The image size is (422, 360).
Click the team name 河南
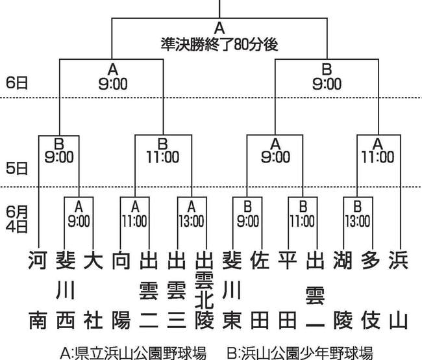38,290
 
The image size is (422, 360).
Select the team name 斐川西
66,290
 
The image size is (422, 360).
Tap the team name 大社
93,290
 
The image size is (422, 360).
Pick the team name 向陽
121,290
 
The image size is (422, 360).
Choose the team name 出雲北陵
205,290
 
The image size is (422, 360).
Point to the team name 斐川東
232,290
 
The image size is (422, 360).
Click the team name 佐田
260,290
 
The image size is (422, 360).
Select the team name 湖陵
343,290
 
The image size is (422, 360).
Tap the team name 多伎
371,290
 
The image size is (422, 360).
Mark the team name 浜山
399,290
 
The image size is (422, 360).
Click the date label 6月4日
17,220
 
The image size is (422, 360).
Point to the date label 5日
17,168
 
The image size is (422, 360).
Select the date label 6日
17,83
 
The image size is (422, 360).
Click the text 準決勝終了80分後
219,44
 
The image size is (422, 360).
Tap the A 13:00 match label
192,214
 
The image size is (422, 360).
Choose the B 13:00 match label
358,214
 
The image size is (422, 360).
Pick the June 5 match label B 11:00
163,151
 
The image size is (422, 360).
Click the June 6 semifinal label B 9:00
327,77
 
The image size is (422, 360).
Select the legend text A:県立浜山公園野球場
133,353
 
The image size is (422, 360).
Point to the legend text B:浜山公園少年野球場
300,353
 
